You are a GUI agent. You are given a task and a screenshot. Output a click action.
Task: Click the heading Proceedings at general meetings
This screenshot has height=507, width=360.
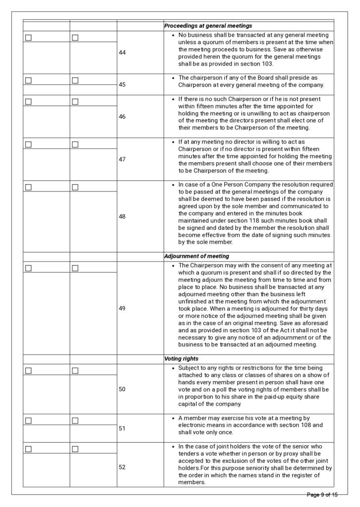pyautogui.click(x=208, y=26)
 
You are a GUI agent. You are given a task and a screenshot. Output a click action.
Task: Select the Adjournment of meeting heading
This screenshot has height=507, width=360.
pyautogui.click(x=197, y=256)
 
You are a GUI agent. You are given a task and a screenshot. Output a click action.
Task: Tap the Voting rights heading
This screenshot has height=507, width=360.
pyautogui.click(x=182, y=358)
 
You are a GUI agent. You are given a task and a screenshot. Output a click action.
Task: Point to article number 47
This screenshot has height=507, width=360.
pyautogui.click(x=122, y=159)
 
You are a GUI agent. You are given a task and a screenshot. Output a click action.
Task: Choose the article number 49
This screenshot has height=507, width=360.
pyautogui.click(x=122, y=308)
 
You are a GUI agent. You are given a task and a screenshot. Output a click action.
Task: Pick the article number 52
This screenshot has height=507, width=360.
pyautogui.click(x=122, y=466)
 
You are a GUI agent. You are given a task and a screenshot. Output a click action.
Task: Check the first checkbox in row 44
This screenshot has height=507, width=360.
pyautogui.click(x=28, y=38)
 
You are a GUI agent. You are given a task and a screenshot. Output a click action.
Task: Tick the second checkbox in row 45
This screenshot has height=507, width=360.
pyautogui.click(x=75, y=80)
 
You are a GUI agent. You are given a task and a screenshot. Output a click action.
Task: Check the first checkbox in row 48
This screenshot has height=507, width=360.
pyautogui.click(x=28, y=187)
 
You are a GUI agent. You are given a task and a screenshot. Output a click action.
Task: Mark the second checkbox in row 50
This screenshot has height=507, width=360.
pyautogui.click(x=75, y=370)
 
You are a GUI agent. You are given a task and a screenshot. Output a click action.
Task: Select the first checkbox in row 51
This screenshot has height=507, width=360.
pyautogui.click(x=28, y=421)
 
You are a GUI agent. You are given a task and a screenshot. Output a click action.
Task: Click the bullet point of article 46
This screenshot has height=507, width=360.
pyautogui.click(x=172, y=99)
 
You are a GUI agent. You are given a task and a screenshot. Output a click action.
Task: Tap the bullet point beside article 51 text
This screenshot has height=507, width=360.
pyautogui.click(x=172, y=418)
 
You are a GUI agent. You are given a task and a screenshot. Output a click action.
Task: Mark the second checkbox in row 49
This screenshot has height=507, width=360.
pyautogui.click(x=75, y=268)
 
